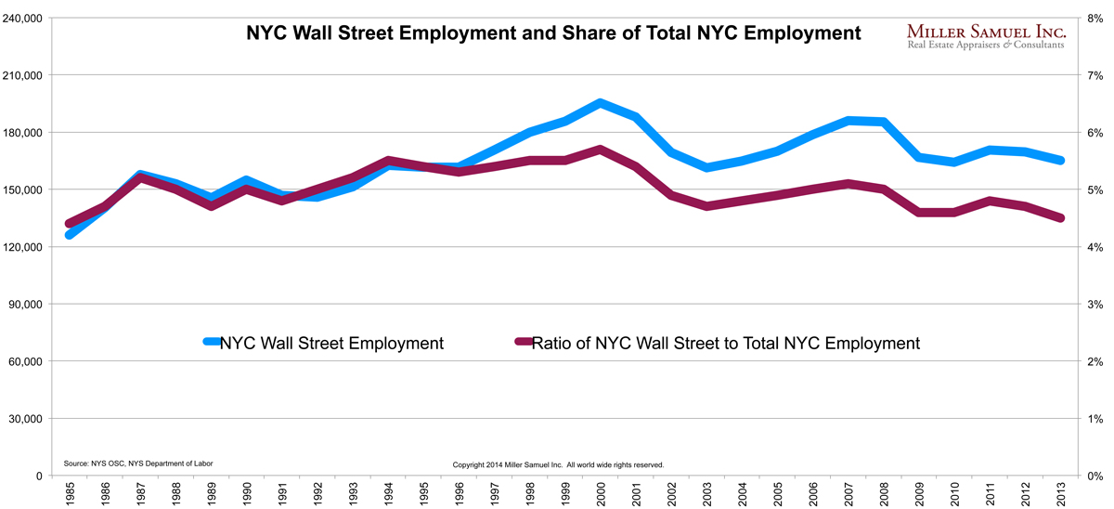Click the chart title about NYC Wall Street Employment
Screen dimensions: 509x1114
point(553,33)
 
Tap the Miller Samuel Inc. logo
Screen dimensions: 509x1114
point(986,37)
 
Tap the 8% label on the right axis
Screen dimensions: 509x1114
point(1095,18)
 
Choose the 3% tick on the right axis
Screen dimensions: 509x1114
point(1095,304)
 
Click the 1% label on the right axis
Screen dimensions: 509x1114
point(1095,419)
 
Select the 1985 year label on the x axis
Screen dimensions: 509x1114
point(69,491)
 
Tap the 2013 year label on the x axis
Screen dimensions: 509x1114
point(1061,491)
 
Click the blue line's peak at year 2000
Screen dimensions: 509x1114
point(601,103)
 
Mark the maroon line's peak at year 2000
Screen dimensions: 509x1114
point(601,149)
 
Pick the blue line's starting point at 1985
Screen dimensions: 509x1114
point(69,235)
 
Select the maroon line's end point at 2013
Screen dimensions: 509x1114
point(1061,218)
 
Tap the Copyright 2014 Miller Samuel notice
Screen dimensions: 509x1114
point(557,464)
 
